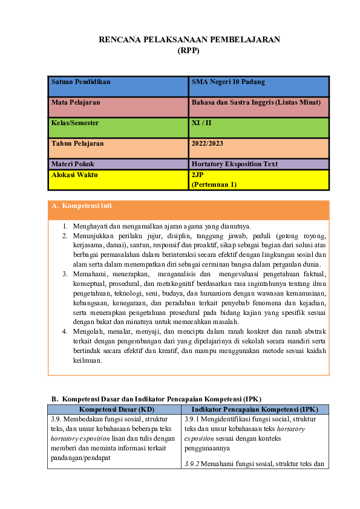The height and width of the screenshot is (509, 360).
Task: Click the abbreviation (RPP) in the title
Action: point(188,51)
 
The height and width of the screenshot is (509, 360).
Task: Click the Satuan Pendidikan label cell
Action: point(80,82)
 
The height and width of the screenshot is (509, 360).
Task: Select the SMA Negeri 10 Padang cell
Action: point(228,82)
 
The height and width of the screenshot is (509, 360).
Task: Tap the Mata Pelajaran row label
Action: point(76,102)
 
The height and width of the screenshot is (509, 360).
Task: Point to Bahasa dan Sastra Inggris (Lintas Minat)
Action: point(260,102)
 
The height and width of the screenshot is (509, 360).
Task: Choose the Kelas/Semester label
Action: point(75,123)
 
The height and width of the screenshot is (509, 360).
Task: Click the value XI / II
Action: point(201,123)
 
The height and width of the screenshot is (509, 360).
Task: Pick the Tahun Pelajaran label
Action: point(77,143)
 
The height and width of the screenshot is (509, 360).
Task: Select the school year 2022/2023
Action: point(207,143)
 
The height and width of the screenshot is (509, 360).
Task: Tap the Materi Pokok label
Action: point(73,164)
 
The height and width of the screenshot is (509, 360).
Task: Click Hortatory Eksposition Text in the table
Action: point(234,164)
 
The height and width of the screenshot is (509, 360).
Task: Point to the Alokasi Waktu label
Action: point(74,175)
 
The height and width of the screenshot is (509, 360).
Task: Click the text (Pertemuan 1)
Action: point(214,184)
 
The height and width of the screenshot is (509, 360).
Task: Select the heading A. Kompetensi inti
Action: point(82,206)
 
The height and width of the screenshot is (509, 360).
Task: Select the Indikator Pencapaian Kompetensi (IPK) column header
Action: point(254,409)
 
